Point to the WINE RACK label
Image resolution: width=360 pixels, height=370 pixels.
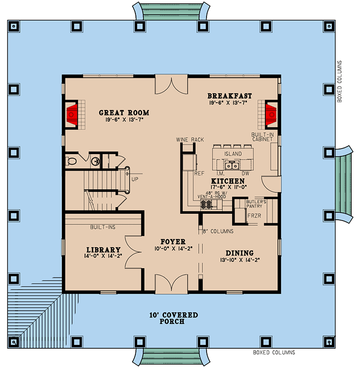click(x=190, y=139)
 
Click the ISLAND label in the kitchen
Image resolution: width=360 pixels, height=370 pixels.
click(x=233, y=154)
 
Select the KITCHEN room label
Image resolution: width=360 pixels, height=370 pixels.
click(x=228, y=181)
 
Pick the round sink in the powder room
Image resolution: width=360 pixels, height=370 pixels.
click(x=95, y=161)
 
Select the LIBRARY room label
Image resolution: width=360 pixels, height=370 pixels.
click(x=102, y=249)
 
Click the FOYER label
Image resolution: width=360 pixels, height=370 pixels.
click(x=173, y=242)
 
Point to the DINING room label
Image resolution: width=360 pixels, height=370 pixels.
click(x=239, y=253)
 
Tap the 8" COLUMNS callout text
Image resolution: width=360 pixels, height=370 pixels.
click(x=218, y=231)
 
